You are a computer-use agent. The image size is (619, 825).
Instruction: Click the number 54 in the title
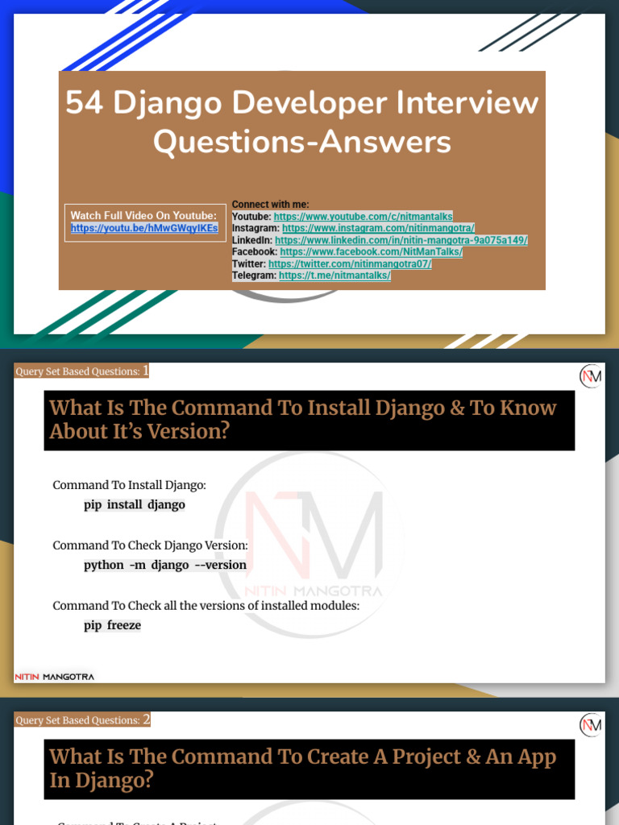tap(83, 103)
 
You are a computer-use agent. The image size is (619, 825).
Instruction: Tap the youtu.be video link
tap(144, 228)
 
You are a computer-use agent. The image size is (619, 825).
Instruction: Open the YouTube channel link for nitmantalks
tap(363, 217)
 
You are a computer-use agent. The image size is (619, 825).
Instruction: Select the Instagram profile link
tap(378, 229)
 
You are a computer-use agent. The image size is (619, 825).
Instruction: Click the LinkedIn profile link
tap(401, 240)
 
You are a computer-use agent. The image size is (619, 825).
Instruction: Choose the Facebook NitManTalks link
tap(371, 252)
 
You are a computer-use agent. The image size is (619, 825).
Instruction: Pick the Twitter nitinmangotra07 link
tap(350, 263)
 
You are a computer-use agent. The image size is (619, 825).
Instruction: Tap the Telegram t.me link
tap(334, 276)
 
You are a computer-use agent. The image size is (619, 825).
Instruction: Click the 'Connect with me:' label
tap(270, 205)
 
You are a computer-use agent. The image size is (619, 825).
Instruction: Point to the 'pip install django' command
tap(135, 505)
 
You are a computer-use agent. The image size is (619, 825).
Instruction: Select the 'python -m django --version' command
tap(165, 565)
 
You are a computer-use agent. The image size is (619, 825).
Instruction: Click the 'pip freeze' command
tap(112, 625)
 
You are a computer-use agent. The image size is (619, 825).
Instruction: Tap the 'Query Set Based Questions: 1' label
tap(81, 371)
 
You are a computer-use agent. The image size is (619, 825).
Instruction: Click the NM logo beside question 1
tap(591, 376)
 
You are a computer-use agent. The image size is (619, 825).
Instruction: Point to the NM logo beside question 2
tap(591, 725)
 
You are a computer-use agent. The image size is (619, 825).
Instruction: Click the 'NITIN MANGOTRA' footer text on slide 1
tap(55, 677)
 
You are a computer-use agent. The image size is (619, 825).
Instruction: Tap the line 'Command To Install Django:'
tap(129, 485)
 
